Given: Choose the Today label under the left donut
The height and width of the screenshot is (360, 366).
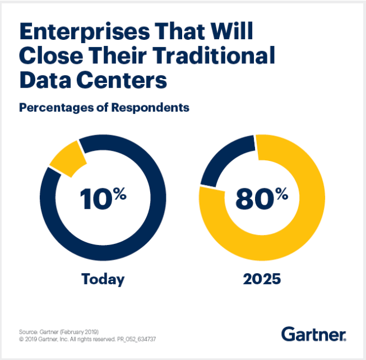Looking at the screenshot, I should click(103, 279).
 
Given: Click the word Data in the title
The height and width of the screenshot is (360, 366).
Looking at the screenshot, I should click(43, 80).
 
